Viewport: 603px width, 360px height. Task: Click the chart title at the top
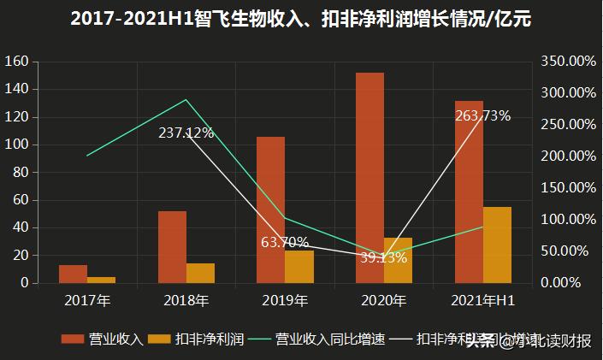pos(301,20)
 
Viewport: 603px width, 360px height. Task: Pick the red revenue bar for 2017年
pos(73,274)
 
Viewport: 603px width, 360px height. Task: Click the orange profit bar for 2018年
pos(200,273)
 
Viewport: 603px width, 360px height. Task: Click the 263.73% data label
pos(482,116)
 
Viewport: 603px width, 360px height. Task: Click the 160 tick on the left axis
pos(17,62)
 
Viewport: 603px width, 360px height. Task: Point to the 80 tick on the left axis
pos(21,173)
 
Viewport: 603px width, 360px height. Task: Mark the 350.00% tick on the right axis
pos(569,62)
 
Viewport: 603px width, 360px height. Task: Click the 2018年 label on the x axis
pos(186,301)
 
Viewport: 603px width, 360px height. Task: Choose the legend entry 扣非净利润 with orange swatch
pos(196,339)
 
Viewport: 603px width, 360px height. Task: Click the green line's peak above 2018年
pos(186,100)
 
